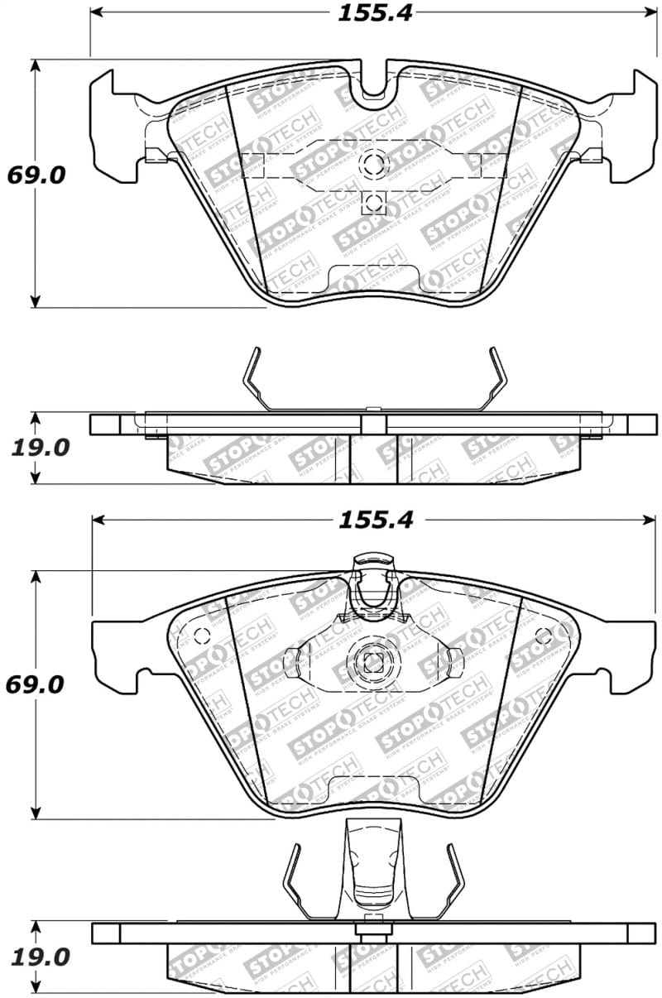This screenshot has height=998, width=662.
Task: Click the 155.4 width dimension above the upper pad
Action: [x=375, y=12]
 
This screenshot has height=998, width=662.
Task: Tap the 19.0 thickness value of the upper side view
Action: [x=40, y=448]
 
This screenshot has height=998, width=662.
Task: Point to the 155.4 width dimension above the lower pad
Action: [x=375, y=520]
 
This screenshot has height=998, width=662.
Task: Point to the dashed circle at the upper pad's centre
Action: [x=373, y=164]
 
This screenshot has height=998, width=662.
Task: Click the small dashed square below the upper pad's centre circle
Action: [x=373, y=202]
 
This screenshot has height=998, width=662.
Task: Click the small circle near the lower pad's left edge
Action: [x=201, y=636]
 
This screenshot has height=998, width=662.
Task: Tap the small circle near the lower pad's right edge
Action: [x=544, y=636]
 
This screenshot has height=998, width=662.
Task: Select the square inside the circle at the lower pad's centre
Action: [x=373, y=662]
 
